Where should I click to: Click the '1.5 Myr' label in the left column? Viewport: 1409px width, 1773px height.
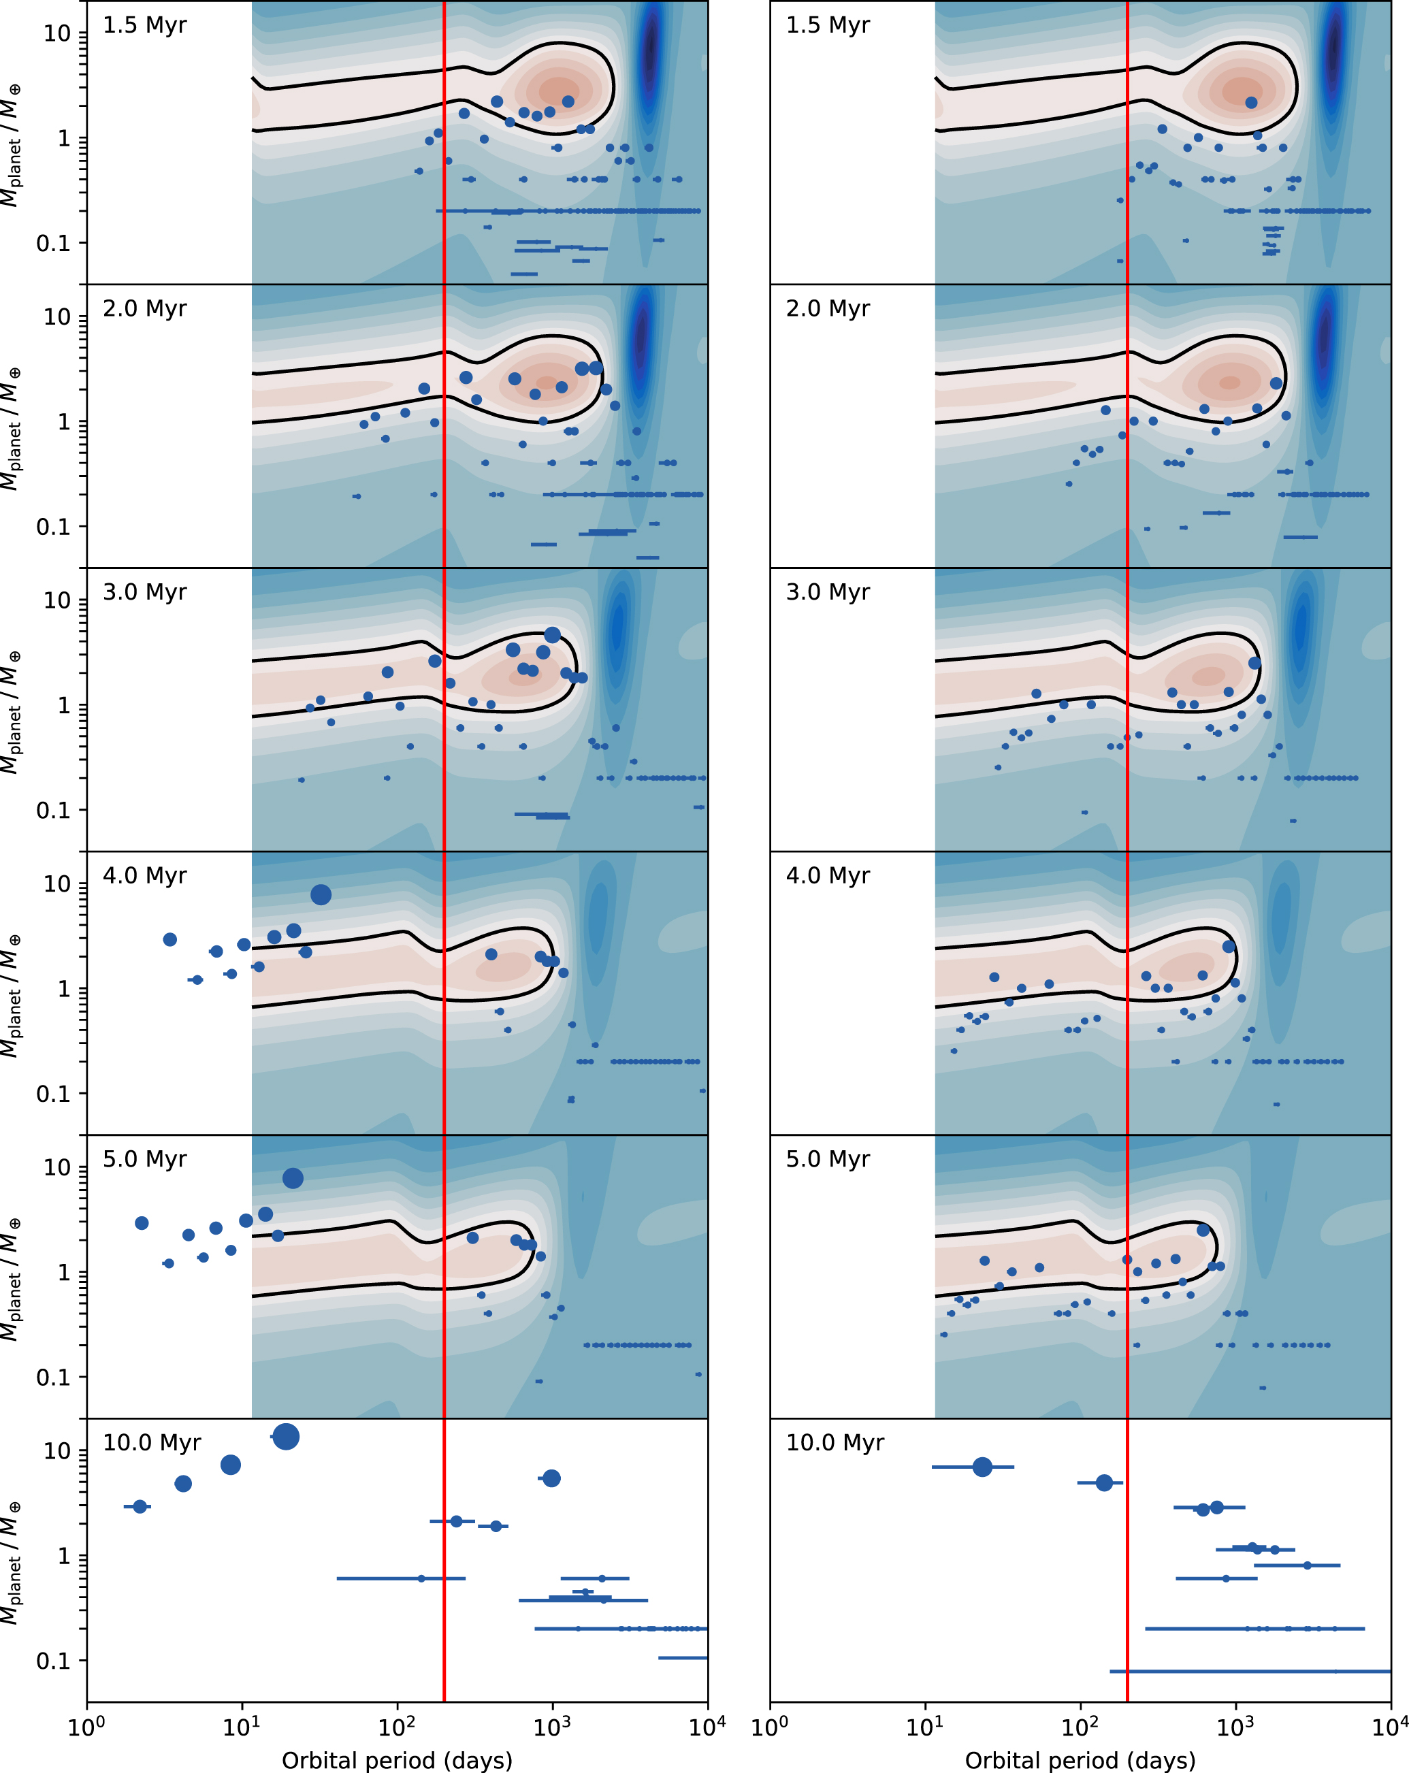tap(145, 25)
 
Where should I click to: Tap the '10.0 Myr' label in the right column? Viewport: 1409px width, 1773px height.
tap(835, 1443)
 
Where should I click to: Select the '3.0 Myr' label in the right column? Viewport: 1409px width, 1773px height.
tap(828, 592)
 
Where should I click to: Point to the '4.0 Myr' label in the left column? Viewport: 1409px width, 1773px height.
tap(145, 876)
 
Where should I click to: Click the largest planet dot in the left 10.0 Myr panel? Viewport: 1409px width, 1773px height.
tap(285, 1437)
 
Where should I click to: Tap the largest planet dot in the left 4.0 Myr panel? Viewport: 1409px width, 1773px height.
tap(321, 895)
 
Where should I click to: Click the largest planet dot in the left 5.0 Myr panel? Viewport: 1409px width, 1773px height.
tap(293, 1178)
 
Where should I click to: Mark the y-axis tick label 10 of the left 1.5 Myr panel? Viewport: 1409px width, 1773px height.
tap(58, 34)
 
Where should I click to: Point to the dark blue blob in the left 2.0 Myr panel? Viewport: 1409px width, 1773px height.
tap(641, 337)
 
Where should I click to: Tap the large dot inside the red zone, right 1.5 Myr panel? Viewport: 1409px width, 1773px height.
tap(1251, 103)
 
